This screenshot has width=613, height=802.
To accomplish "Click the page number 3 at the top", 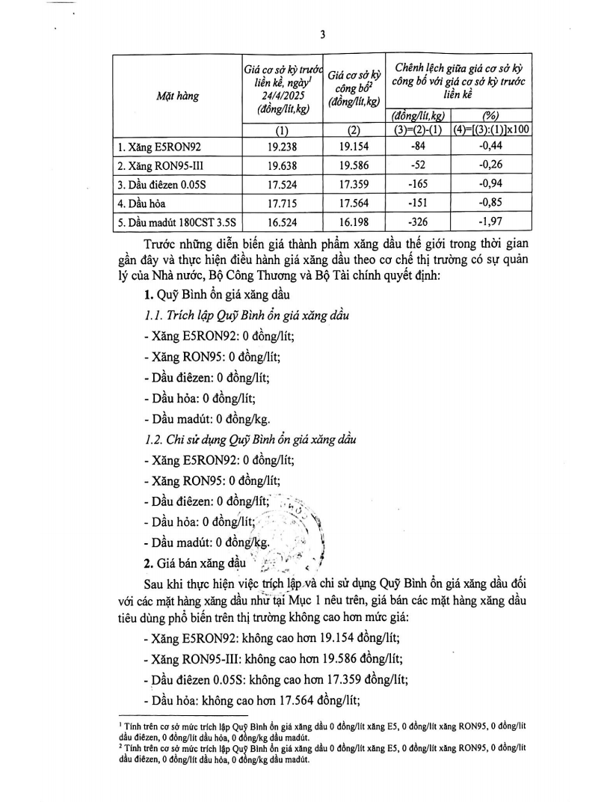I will pyautogui.click(x=320, y=34).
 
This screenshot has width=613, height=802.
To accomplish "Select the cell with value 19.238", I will pyautogui.click(x=282, y=147).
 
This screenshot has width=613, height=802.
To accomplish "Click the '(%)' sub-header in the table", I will pyautogui.click(x=490, y=116).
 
